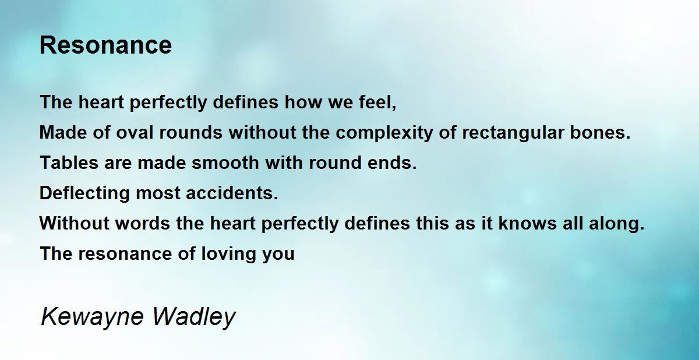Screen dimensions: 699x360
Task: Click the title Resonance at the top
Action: [105, 45]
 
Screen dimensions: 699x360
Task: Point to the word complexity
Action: [384, 133]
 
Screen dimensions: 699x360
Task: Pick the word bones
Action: [600, 132]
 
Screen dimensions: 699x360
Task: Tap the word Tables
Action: [69, 163]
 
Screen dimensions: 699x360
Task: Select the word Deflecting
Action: [84, 193]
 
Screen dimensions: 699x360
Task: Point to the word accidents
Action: [232, 193]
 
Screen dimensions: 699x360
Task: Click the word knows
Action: [527, 223]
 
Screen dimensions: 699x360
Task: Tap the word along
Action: [617, 224]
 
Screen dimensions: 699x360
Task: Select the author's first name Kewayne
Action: [92, 317]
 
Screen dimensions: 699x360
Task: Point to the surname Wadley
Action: [194, 317]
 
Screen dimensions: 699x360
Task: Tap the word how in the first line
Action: [303, 102]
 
